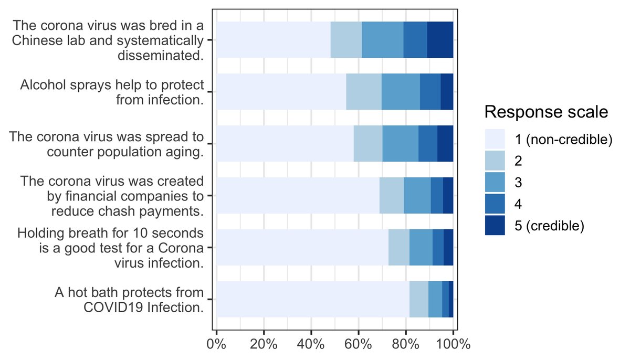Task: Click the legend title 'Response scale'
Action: pos(546,112)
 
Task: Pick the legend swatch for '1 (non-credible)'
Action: pos(495,139)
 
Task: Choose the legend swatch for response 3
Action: pos(495,182)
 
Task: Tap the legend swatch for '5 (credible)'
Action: pos(495,226)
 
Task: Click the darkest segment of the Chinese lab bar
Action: pos(440,40)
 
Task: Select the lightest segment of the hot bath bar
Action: pos(313,299)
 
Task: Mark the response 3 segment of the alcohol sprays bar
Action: pos(401,92)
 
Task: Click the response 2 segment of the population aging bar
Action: pos(368,143)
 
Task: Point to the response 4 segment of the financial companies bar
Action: pos(437,195)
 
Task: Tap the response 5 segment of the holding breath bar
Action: pos(448,247)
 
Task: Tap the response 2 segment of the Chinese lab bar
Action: pos(346,40)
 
